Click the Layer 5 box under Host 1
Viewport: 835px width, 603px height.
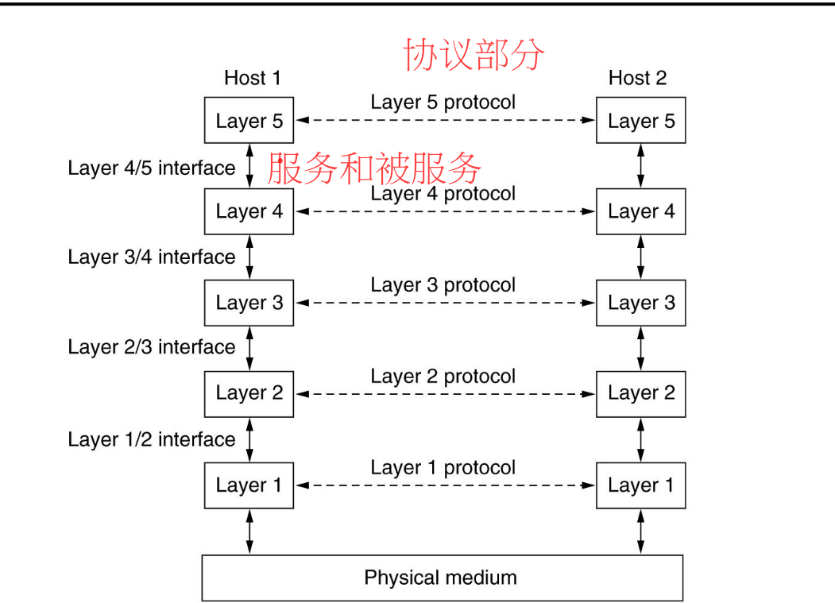pos(249,121)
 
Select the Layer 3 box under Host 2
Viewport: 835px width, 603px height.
pos(640,303)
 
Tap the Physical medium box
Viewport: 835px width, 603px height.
pos(442,578)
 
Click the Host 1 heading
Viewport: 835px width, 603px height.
pos(253,78)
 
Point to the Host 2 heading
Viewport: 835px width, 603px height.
pos(637,78)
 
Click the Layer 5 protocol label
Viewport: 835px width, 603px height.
pos(443,102)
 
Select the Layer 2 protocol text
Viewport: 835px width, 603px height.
pos(443,377)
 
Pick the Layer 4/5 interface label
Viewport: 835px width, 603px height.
pos(152,168)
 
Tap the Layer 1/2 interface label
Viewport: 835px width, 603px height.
pos(152,439)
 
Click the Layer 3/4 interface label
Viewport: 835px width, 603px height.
pos(152,257)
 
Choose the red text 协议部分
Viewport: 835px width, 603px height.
pos(474,55)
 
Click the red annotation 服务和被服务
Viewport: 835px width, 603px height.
pos(374,168)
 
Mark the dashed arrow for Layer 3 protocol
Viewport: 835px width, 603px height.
pos(445,303)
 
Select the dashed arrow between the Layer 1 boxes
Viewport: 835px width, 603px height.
pos(445,485)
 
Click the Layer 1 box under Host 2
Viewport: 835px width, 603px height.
pos(640,485)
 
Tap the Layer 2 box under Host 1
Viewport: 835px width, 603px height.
pos(249,393)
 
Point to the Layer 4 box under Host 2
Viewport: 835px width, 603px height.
pos(640,211)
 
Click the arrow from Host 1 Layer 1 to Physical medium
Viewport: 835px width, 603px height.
pos(249,531)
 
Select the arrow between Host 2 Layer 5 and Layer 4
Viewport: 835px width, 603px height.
pos(640,165)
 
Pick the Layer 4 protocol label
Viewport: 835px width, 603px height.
pos(443,194)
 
